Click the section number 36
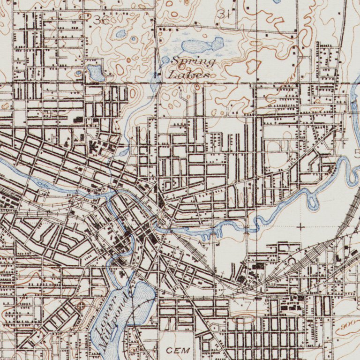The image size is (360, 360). pos(100,20)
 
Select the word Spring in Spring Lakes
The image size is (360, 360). pos(193,61)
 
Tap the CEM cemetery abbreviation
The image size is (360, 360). pos(179,350)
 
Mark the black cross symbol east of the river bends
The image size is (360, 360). pos(300,227)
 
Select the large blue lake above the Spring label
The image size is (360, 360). pos(202,46)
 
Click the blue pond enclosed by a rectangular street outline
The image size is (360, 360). pos(95,73)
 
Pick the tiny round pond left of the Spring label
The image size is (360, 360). pos(165,60)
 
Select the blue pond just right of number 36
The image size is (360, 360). pos(121,34)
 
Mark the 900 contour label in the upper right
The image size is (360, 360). pos(290,75)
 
